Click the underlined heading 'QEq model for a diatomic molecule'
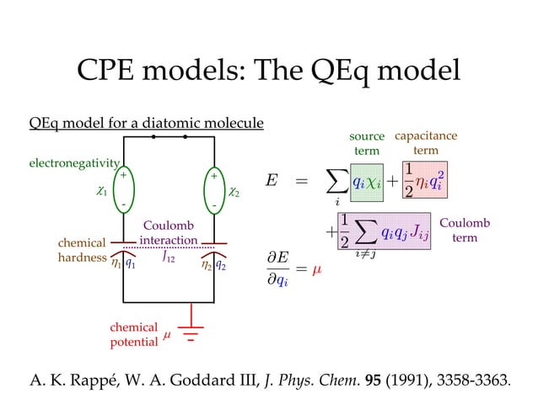(146, 124)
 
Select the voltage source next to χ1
(123, 190)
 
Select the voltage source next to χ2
(216, 190)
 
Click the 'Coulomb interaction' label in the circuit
(169, 233)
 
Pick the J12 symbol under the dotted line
(169, 258)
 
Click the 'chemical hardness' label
(81, 251)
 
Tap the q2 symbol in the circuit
(220, 264)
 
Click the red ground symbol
(191, 332)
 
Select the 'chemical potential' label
(133, 334)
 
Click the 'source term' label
(366, 143)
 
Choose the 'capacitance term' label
(426, 142)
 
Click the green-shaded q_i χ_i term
(367, 182)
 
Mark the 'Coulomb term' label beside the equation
(465, 231)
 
